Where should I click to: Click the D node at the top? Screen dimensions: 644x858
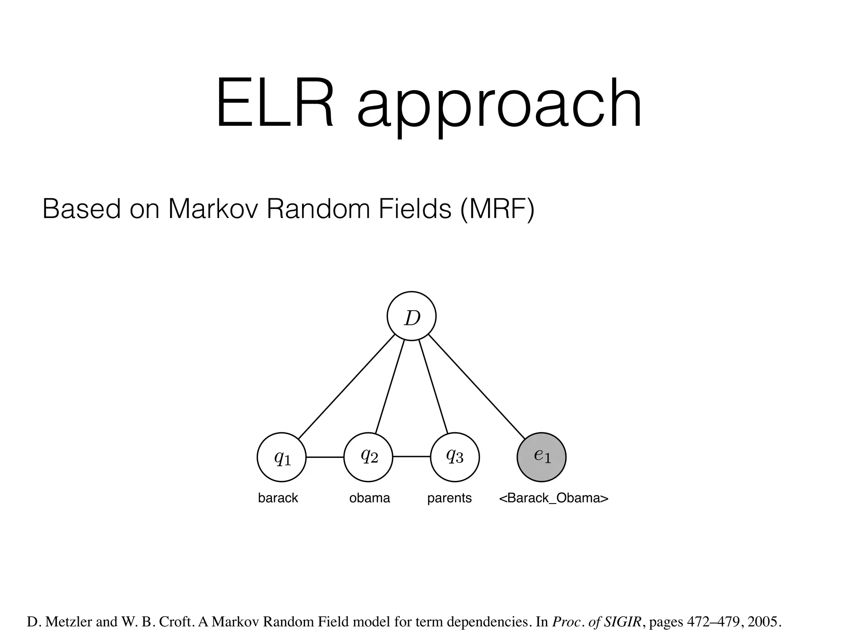click(x=411, y=316)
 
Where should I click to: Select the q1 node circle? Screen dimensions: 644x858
click(x=282, y=457)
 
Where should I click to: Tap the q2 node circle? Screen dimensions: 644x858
click(x=368, y=457)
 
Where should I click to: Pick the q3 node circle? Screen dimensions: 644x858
click(x=455, y=457)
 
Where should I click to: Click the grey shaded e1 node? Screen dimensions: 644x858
click(x=542, y=457)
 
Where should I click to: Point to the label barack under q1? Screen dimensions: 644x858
click(x=278, y=498)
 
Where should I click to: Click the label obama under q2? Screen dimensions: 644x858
click(x=370, y=498)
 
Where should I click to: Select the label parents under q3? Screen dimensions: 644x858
click(x=450, y=498)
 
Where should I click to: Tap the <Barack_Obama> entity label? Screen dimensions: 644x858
click(x=553, y=498)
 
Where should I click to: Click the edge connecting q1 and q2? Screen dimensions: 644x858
click(x=325, y=457)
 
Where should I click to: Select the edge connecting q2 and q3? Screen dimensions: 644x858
click(x=411, y=457)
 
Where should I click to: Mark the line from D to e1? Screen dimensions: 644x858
click(x=476, y=387)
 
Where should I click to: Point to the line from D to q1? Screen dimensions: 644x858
click(x=347, y=387)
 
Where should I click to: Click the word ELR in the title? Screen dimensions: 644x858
click(x=274, y=104)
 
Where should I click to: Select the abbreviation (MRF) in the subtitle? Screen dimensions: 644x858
click(x=497, y=208)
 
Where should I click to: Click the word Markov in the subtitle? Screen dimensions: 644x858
click(x=214, y=208)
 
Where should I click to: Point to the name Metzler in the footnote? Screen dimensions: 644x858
click(x=69, y=621)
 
